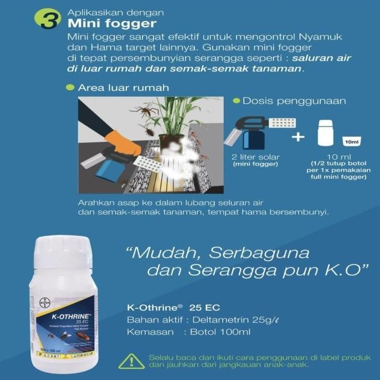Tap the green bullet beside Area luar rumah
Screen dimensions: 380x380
[x=70, y=88]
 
